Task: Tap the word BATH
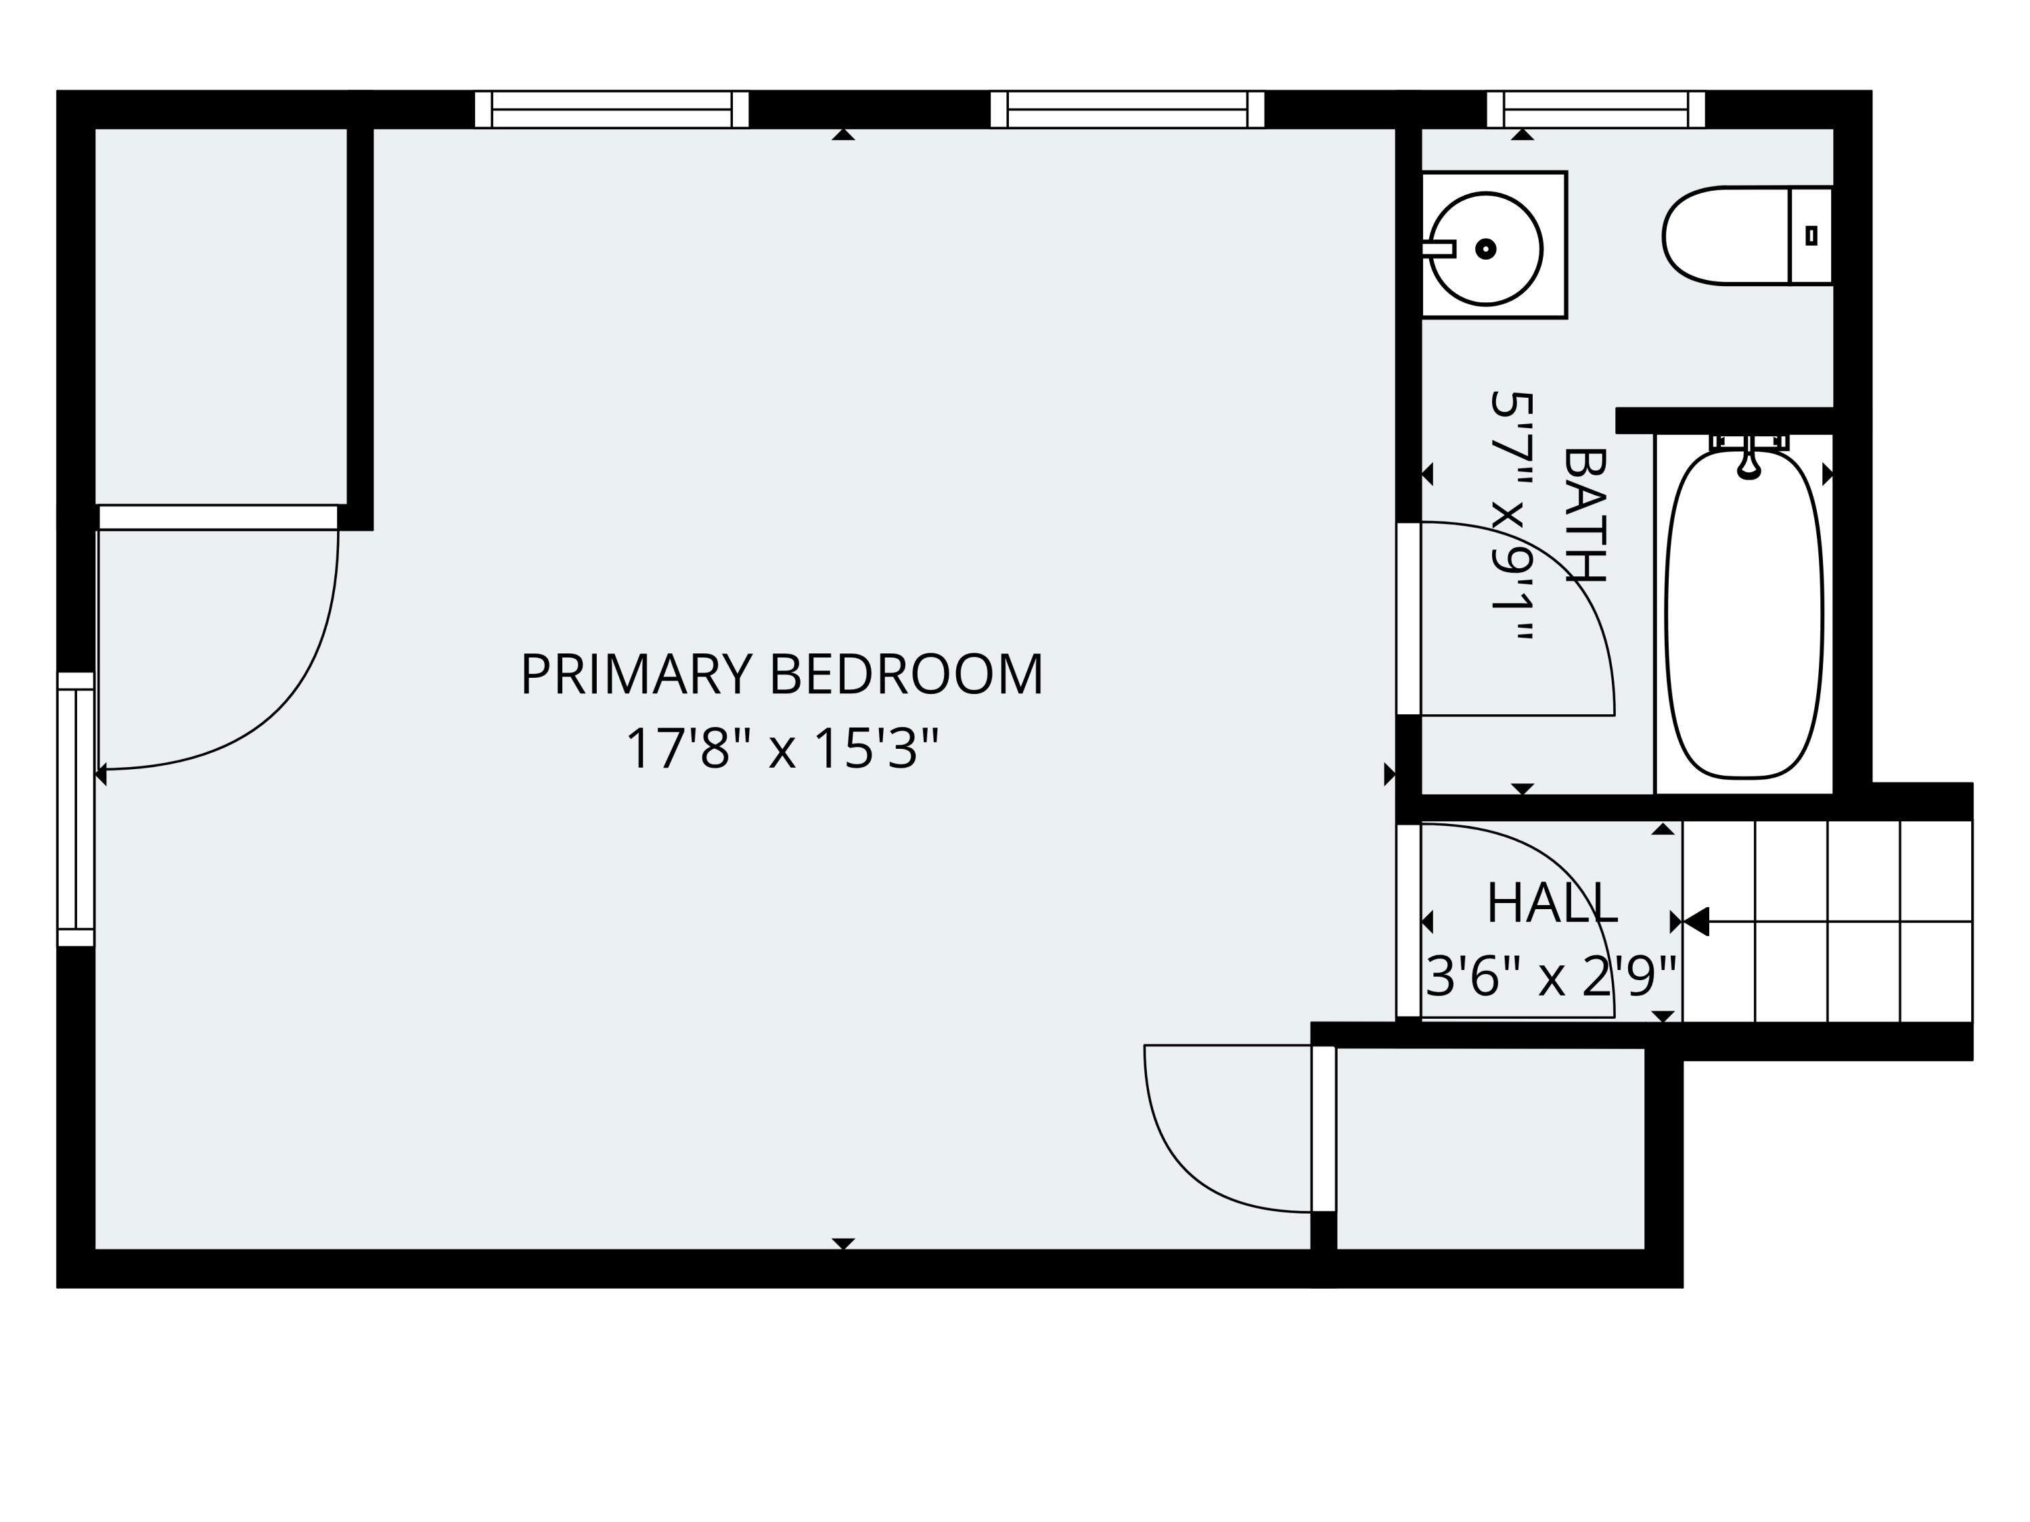click(1585, 515)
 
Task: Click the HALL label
click(1551, 904)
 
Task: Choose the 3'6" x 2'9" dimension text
click(1551, 976)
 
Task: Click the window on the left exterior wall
click(76, 809)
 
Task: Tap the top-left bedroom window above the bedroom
click(611, 109)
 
